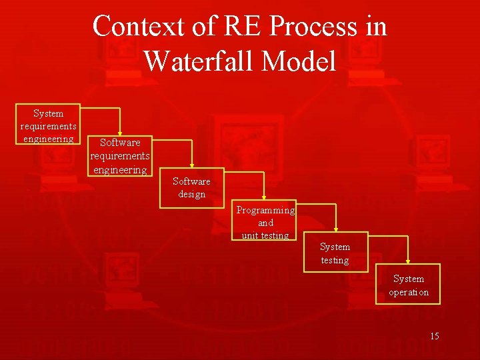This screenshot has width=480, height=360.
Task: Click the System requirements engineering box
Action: click(x=48, y=125)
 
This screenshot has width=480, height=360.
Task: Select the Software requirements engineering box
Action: click(x=120, y=156)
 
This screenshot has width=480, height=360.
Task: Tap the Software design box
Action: click(x=191, y=187)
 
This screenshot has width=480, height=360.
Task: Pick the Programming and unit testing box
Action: click(x=265, y=222)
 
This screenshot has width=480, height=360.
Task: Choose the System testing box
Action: click(x=335, y=253)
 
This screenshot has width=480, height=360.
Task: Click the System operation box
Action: click(x=408, y=285)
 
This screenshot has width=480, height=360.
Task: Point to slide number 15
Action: click(x=434, y=336)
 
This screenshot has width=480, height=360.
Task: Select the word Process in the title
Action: click(x=307, y=27)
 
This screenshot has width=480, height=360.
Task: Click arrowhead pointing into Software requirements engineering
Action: click(x=120, y=133)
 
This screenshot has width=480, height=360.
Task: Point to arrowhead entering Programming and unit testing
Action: click(x=264, y=197)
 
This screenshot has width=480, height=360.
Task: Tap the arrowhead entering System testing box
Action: click(x=335, y=229)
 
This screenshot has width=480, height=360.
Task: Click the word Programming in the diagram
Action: click(x=265, y=210)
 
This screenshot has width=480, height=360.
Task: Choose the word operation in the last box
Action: click(x=409, y=292)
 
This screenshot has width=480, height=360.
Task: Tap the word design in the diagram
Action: click(x=191, y=194)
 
